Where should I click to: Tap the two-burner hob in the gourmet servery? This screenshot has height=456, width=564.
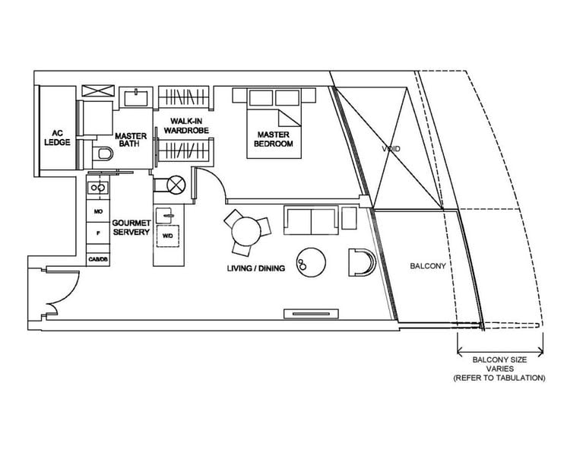click(98, 187)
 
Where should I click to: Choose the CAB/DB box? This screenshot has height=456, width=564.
click(97, 259)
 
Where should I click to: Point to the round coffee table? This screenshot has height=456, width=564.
click(311, 262)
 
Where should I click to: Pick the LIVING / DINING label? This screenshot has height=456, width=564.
click(255, 268)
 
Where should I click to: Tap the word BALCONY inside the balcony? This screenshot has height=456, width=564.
click(427, 267)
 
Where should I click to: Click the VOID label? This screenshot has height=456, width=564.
click(391, 149)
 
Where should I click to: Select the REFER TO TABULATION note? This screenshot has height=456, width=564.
click(499, 378)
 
